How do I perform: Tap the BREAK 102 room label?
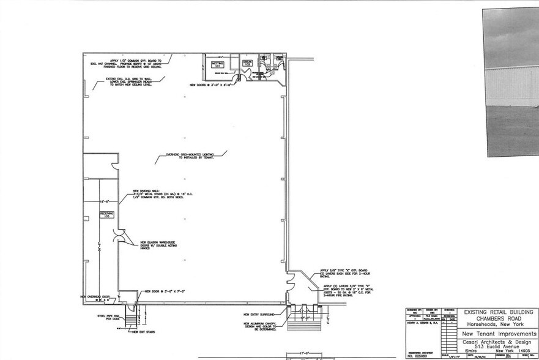pyautogui.click(x=248, y=63)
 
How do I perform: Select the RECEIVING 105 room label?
pyautogui.click(x=108, y=215)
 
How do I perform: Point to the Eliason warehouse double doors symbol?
pyautogui.click(x=121, y=236)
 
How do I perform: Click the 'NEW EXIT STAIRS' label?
pyautogui.click(x=143, y=332)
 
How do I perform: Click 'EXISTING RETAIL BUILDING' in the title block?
pyautogui.click(x=497, y=312)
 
